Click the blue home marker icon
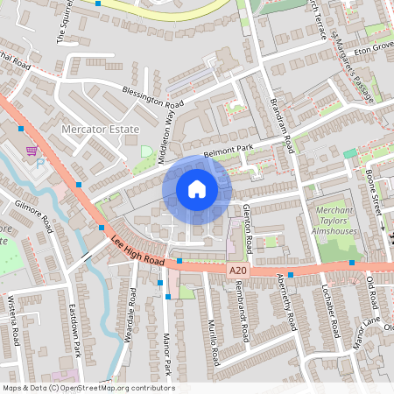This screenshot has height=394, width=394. (x=197, y=188)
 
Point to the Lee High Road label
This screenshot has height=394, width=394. (x=137, y=249)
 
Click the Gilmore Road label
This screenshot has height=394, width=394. (x=33, y=215)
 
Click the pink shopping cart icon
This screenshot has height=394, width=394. (x=32, y=151)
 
